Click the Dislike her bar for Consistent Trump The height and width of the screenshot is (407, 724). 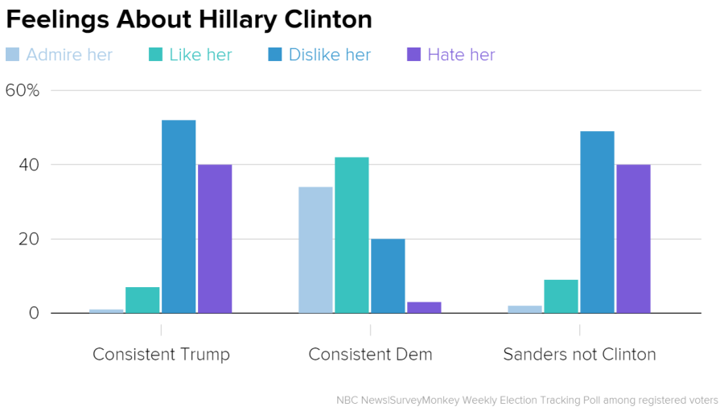pos(179,216)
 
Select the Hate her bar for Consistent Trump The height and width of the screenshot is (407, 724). pos(215,239)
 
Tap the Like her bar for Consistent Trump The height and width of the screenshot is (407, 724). pos(142,300)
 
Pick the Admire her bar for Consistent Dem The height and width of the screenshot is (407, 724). pos(315,250)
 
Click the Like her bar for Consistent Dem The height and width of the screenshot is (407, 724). pos(352,235)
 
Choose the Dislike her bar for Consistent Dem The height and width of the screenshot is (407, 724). pos(388,276)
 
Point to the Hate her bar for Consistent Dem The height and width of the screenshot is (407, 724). pos(424,307)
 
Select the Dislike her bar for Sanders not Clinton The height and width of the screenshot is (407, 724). pos(597,222)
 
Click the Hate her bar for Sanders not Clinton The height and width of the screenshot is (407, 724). pos(633,239)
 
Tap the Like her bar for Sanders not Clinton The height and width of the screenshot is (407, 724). pos(561,296)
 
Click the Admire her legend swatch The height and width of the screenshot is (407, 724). pos(13,55)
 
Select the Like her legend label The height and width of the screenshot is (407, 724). pos(200,55)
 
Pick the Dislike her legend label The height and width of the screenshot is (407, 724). pos(330,55)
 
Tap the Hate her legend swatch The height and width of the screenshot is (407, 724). pos(413,55)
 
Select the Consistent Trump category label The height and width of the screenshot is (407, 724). pos(161,354)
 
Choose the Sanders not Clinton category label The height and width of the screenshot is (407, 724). pos(579,354)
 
